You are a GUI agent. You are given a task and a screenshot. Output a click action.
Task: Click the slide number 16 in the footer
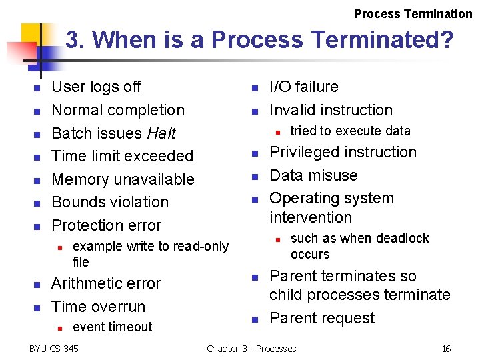click(446, 349)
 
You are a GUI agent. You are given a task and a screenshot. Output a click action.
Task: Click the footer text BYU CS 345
click(54, 349)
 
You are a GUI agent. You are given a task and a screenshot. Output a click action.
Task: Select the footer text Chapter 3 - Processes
click(251, 349)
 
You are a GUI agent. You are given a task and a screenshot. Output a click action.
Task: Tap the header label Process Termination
click(413, 14)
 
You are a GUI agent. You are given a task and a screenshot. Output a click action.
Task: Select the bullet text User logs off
click(96, 87)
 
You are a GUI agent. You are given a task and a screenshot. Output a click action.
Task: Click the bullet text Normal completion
click(118, 110)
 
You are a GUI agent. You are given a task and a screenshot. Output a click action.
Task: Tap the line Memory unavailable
click(123, 179)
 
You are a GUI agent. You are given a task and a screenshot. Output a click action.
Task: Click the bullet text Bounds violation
click(110, 202)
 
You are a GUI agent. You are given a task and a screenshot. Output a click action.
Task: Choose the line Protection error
click(106, 225)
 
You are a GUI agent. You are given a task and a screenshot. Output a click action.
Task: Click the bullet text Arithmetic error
click(106, 283)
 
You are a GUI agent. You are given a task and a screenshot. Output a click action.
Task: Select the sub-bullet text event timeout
click(112, 327)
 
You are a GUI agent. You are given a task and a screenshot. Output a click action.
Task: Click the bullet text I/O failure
click(303, 87)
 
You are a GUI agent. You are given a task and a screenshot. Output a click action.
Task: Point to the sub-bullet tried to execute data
click(350, 131)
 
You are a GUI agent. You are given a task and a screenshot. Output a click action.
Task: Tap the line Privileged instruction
click(343, 152)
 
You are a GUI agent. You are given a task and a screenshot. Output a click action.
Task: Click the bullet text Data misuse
click(313, 175)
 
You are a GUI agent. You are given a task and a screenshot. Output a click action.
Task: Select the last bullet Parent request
click(322, 318)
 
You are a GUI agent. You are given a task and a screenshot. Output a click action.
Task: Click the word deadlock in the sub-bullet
click(406, 238)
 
